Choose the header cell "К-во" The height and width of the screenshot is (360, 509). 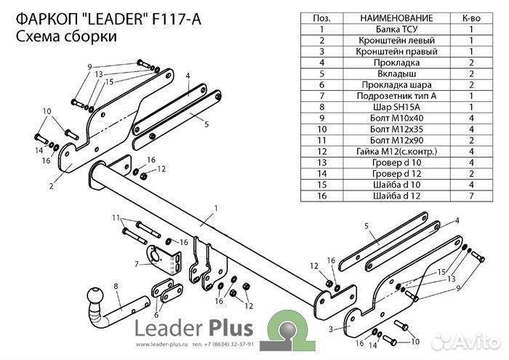coord(471,17)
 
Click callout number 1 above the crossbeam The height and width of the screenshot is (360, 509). coord(216,209)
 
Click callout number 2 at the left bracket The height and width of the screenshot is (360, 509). coord(52,186)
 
